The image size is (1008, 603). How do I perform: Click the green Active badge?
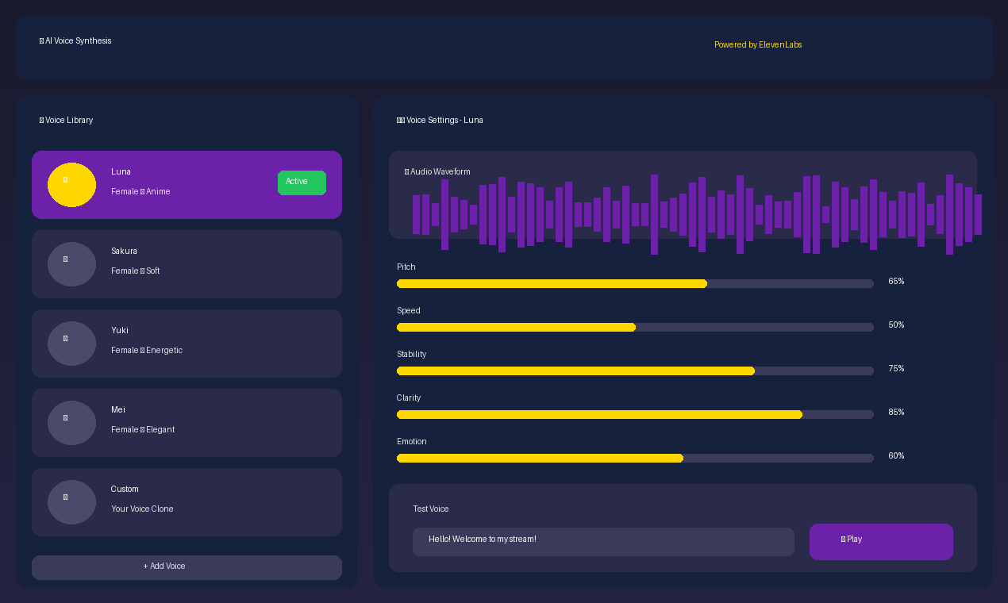coord(302,182)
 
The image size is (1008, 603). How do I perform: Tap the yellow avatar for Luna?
coord(71,185)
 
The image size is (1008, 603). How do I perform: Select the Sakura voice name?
coord(124,252)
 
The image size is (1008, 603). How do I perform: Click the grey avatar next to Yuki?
coord(71,344)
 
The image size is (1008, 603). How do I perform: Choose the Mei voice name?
coord(118,410)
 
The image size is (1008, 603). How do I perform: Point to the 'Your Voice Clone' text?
coord(142,509)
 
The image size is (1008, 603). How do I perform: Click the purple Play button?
coord(881,542)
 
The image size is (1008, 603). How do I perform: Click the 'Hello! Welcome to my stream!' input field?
coord(603,542)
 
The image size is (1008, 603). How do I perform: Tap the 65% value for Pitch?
coord(896,282)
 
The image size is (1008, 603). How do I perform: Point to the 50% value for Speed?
coord(896,325)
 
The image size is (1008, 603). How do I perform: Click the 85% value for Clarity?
coord(896,413)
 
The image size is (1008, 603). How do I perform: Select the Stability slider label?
coord(411,355)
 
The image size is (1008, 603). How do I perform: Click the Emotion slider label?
coord(411,442)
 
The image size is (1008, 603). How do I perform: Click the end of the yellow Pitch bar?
coord(705,284)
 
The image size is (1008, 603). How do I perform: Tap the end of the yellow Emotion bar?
coord(681,459)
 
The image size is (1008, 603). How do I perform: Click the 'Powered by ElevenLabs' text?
coord(758,45)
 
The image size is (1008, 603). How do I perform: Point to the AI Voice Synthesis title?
coord(76,41)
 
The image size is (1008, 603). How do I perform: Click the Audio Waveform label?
coord(438,172)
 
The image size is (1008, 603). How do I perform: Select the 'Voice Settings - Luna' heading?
coord(441,121)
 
